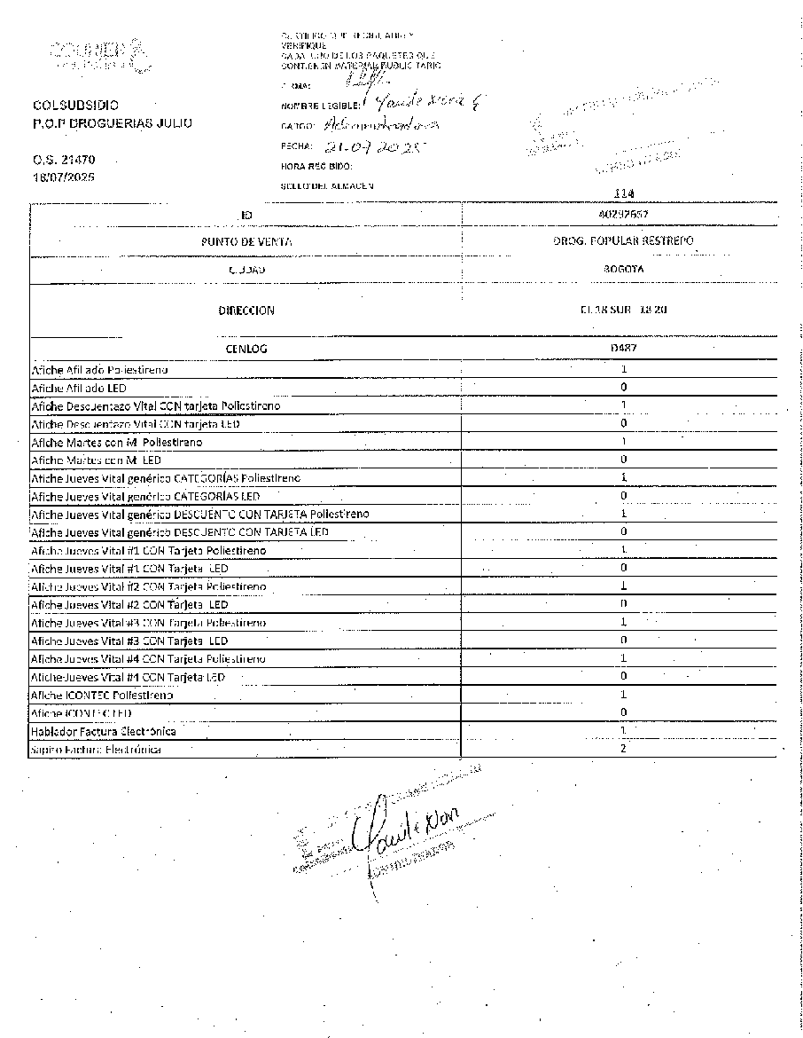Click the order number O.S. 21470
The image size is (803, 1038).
point(63,161)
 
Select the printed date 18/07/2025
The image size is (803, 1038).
point(64,177)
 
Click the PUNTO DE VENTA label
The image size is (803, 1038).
point(246,241)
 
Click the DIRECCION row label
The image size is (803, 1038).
point(246,311)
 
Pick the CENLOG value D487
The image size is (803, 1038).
point(623,349)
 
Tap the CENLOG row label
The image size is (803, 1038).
point(246,349)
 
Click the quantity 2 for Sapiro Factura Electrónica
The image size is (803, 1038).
point(623,749)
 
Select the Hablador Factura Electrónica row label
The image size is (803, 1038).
point(104,731)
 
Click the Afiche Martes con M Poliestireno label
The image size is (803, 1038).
point(116,442)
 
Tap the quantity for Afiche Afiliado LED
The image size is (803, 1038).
point(624,388)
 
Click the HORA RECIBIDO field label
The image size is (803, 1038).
point(316,166)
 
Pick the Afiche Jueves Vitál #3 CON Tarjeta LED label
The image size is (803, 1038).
point(129,641)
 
